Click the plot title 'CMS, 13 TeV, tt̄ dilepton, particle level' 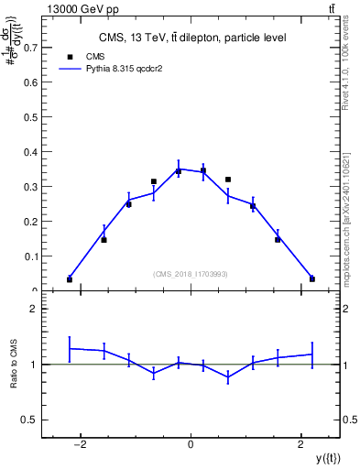click(191, 38)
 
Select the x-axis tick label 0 click(191, 445)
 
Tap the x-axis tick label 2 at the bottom click(301, 445)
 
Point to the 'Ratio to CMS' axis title click(14, 364)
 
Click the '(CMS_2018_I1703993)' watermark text click(191, 274)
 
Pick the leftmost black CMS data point click(70, 279)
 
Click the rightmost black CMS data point click(312, 279)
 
